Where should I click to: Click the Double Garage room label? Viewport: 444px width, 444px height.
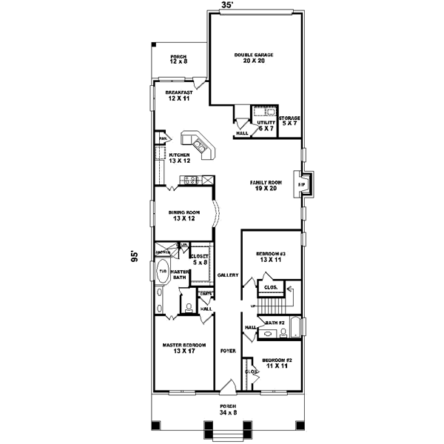pyautogui.click(x=254, y=58)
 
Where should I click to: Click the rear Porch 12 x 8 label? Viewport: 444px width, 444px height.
pyautogui.click(x=178, y=60)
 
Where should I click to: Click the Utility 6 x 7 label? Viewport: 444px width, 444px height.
pyautogui.click(x=266, y=126)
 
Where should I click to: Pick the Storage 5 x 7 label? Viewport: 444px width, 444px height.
pyautogui.click(x=289, y=121)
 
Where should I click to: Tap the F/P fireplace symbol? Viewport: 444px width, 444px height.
pyautogui.click(x=301, y=184)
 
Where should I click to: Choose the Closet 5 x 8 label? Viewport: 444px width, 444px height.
pyautogui.click(x=200, y=259)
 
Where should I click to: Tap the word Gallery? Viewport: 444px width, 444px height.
pyautogui.click(x=228, y=275)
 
